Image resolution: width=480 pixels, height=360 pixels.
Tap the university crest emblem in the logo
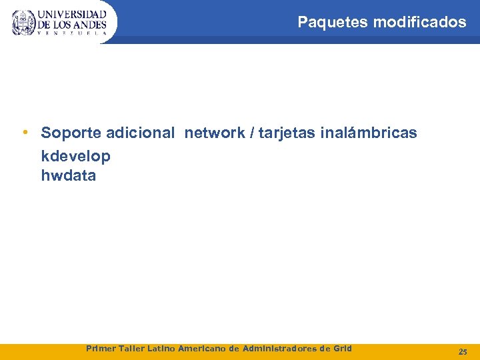pos(23,23)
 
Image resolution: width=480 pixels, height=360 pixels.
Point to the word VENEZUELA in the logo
pos(72,33)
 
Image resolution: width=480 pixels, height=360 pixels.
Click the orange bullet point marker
pos(24,132)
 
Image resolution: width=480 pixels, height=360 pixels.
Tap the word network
pos(215,133)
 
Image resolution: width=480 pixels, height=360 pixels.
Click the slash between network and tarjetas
pos(251,133)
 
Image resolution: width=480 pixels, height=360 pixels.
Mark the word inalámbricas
pos(369,133)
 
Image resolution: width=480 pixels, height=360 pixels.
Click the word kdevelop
pos(76,157)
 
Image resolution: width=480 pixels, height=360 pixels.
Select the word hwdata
pos(69,176)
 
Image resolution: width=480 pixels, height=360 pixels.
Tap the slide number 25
pos(463,351)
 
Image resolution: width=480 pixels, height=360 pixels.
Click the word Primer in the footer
pos(101,348)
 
